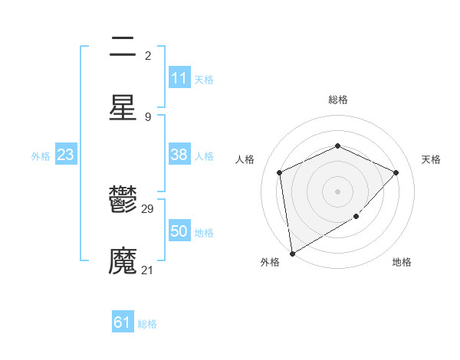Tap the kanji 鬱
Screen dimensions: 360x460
pyautogui.click(x=123, y=201)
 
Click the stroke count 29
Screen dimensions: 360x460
pyautogui.click(x=148, y=209)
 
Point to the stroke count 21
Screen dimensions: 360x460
pyautogui.click(x=148, y=270)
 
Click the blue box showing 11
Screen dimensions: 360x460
pyautogui.click(x=179, y=78)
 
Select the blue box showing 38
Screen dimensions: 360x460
pyautogui.click(x=179, y=155)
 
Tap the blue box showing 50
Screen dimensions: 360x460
pyautogui.click(x=179, y=231)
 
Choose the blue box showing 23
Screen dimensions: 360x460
pyautogui.click(x=66, y=155)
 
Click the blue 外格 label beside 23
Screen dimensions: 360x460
pyautogui.click(x=41, y=155)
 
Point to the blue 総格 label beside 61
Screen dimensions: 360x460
pyautogui.click(x=147, y=324)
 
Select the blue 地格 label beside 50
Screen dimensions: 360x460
pyautogui.click(x=204, y=232)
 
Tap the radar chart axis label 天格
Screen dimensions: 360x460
pyautogui.click(x=431, y=159)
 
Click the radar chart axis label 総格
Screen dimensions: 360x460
pyautogui.click(x=338, y=100)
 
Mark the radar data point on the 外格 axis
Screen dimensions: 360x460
pyautogui.click(x=291, y=254)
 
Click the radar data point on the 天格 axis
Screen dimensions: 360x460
pyautogui.click(x=396, y=172)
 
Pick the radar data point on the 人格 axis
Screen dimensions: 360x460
pyautogui.click(x=280, y=172)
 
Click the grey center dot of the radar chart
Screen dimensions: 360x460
pyautogui.click(x=337, y=191)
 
